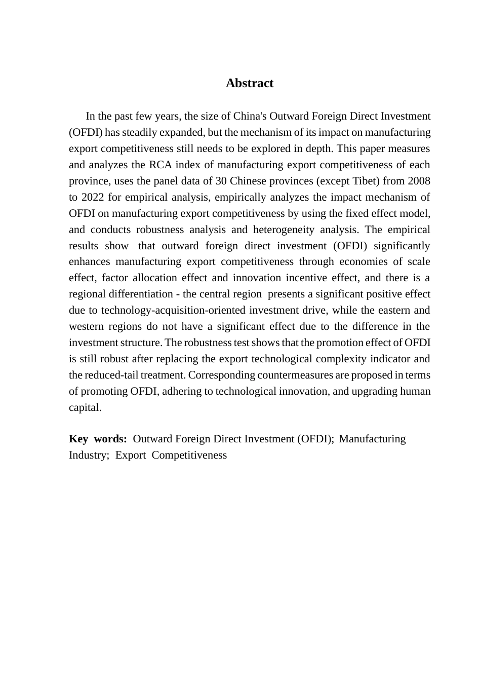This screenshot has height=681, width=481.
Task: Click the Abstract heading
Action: coord(249,83)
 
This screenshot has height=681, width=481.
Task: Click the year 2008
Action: coord(419,181)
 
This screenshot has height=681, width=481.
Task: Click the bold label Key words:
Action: coord(98,439)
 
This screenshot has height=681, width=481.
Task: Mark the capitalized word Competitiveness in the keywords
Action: coord(189,455)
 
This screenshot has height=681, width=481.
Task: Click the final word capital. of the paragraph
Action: coord(85,407)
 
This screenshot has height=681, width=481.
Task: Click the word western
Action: coord(87,326)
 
